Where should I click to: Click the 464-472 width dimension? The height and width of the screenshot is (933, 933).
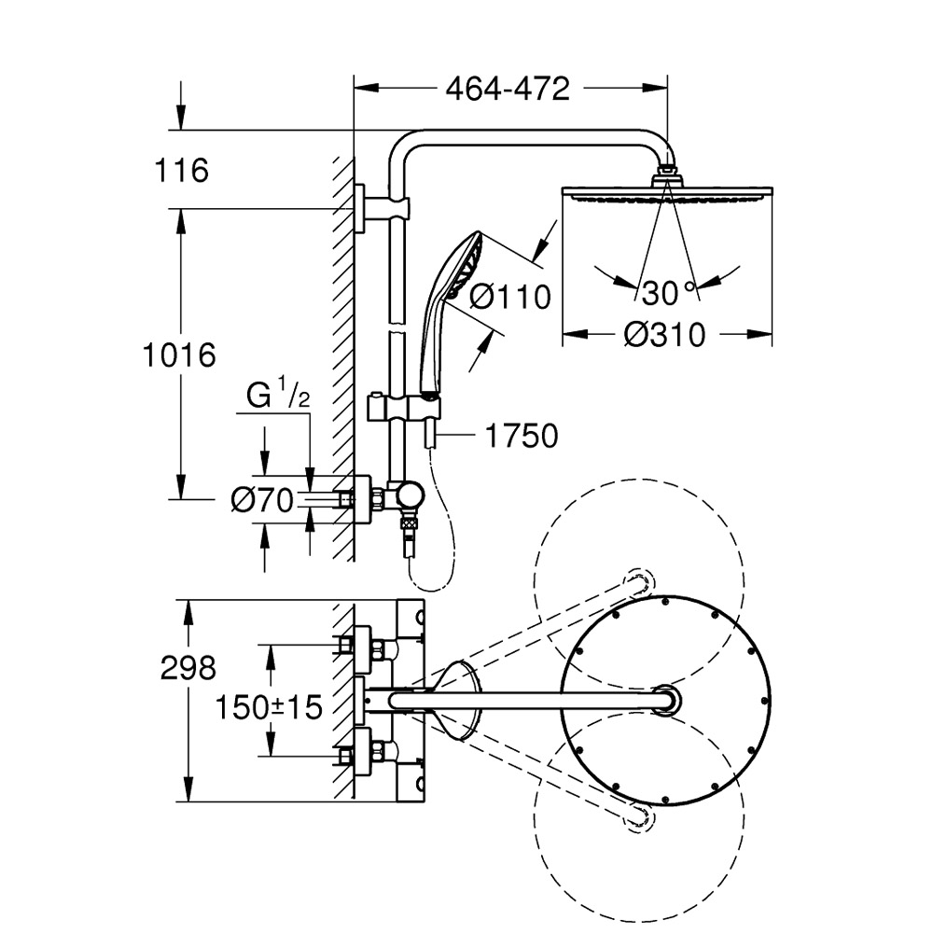[x=507, y=89]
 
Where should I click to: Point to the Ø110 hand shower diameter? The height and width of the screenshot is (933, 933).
[x=509, y=297]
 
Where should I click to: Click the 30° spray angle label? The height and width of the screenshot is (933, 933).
[x=669, y=293]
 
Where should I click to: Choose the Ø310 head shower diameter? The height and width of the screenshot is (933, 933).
[x=664, y=334]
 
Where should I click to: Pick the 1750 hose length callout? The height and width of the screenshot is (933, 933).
[x=521, y=436]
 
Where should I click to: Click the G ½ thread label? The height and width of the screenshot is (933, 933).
[x=277, y=397]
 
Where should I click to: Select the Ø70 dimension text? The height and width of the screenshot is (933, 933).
[x=261, y=501]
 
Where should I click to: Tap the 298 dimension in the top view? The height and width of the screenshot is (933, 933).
[x=188, y=667]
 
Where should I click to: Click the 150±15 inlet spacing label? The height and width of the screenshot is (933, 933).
[x=268, y=706]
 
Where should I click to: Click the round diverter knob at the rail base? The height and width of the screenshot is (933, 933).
[x=407, y=495]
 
